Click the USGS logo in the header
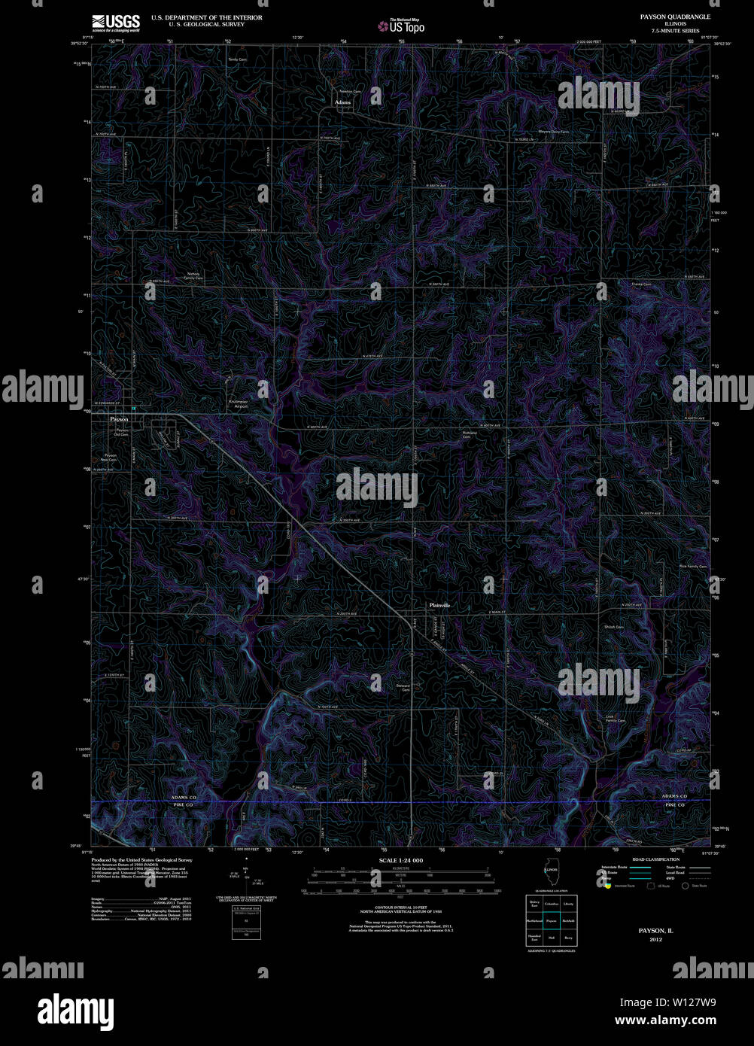[x=115, y=23]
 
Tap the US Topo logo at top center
[x=402, y=26]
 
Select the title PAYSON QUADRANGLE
[x=674, y=17]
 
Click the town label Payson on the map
[x=119, y=418]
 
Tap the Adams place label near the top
[x=342, y=102]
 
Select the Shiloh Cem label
[x=613, y=627]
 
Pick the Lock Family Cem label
[x=616, y=718]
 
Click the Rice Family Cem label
[x=692, y=566]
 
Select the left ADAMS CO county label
[x=182, y=796]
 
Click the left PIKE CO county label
[x=182, y=805]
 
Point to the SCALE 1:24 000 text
[x=401, y=860]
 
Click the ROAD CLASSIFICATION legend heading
[x=655, y=859]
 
